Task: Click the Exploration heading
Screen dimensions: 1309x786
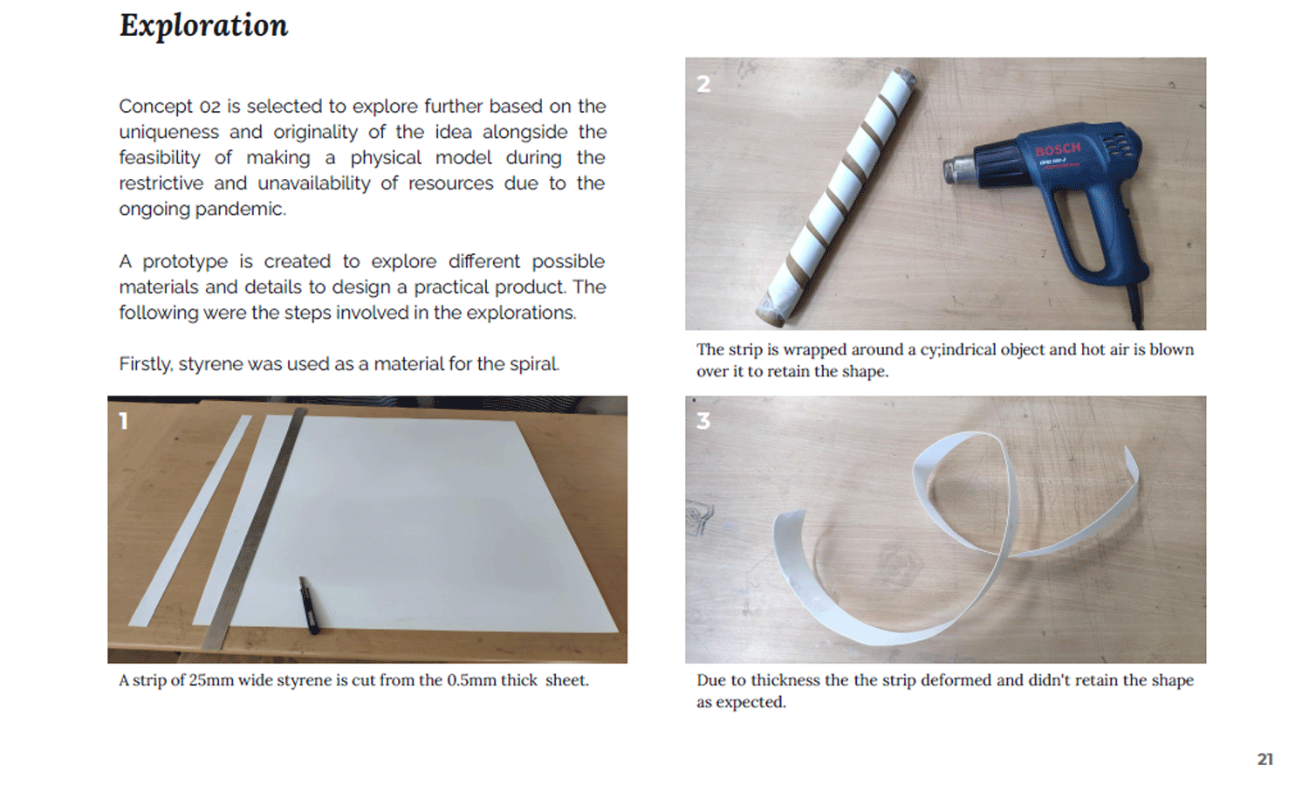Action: click(203, 26)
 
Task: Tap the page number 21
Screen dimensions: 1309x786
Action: click(1265, 759)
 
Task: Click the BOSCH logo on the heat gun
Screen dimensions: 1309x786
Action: click(1058, 149)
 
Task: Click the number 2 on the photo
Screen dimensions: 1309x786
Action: click(703, 84)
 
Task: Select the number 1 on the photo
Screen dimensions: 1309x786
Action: click(123, 421)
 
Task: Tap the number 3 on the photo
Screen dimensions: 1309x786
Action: click(703, 420)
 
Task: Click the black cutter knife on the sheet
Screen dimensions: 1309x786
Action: click(309, 605)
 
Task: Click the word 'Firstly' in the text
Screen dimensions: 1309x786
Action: click(146, 364)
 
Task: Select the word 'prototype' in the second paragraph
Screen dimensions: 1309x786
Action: click(185, 261)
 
